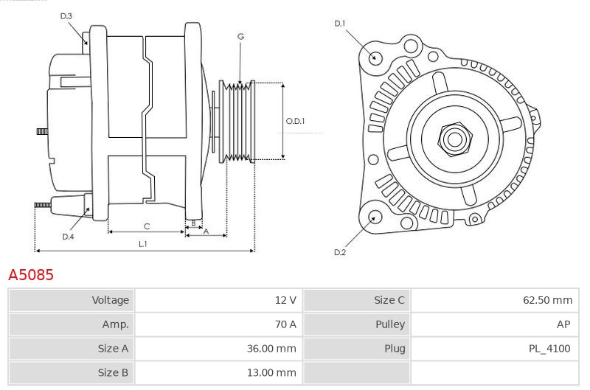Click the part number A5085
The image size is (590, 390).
pyautogui.click(x=31, y=275)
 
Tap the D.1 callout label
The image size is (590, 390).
pyautogui.click(x=339, y=24)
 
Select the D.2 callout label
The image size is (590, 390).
pyautogui.click(x=339, y=253)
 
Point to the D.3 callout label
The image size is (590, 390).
pyautogui.click(x=66, y=15)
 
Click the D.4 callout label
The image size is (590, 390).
pyautogui.click(x=68, y=237)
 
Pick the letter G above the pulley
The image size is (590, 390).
pyautogui.click(x=241, y=36)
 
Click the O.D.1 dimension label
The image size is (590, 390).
pyautogui.click(x=295, y=121)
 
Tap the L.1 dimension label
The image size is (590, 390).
pyautogui.click(x=143, y=243)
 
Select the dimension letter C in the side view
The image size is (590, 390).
pyautogui.click(x=147, y=226)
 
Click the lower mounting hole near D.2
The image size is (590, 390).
pyautogui.click(x=375, y=217)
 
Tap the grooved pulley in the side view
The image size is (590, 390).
pyautogui.click(x=239, y=120)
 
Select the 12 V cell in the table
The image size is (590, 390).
pyautogui.click(x=285, y=300)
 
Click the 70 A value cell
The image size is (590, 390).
pyautogui.click(x=285, y=324)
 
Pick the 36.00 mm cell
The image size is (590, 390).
pyautogui.click(x=272, y=349)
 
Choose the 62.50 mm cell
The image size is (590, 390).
pyautogui.click(x=547, y=300)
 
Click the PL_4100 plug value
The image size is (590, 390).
pyautogui.click(x=550, y=349)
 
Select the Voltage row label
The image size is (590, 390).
pyautogui.click(x=110, y=300)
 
